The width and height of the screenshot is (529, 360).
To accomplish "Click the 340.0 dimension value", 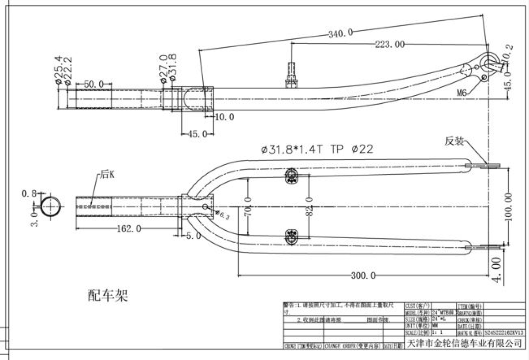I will pos(340,33).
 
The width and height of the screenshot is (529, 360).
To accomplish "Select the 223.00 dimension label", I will pos(390,44).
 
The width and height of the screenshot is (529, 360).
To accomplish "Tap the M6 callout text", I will pos(462,93).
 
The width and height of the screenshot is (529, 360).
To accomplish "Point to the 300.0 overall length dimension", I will pos(363,276).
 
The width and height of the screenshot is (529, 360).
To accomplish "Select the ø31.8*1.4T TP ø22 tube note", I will pos(317,149).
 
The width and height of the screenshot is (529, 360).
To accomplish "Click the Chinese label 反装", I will pos(454,141).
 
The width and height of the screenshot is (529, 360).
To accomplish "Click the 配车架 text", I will pos(108,295).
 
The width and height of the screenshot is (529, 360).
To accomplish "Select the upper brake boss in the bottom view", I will pos(291,176).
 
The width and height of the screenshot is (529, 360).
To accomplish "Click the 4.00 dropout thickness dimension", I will pos(497,266).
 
